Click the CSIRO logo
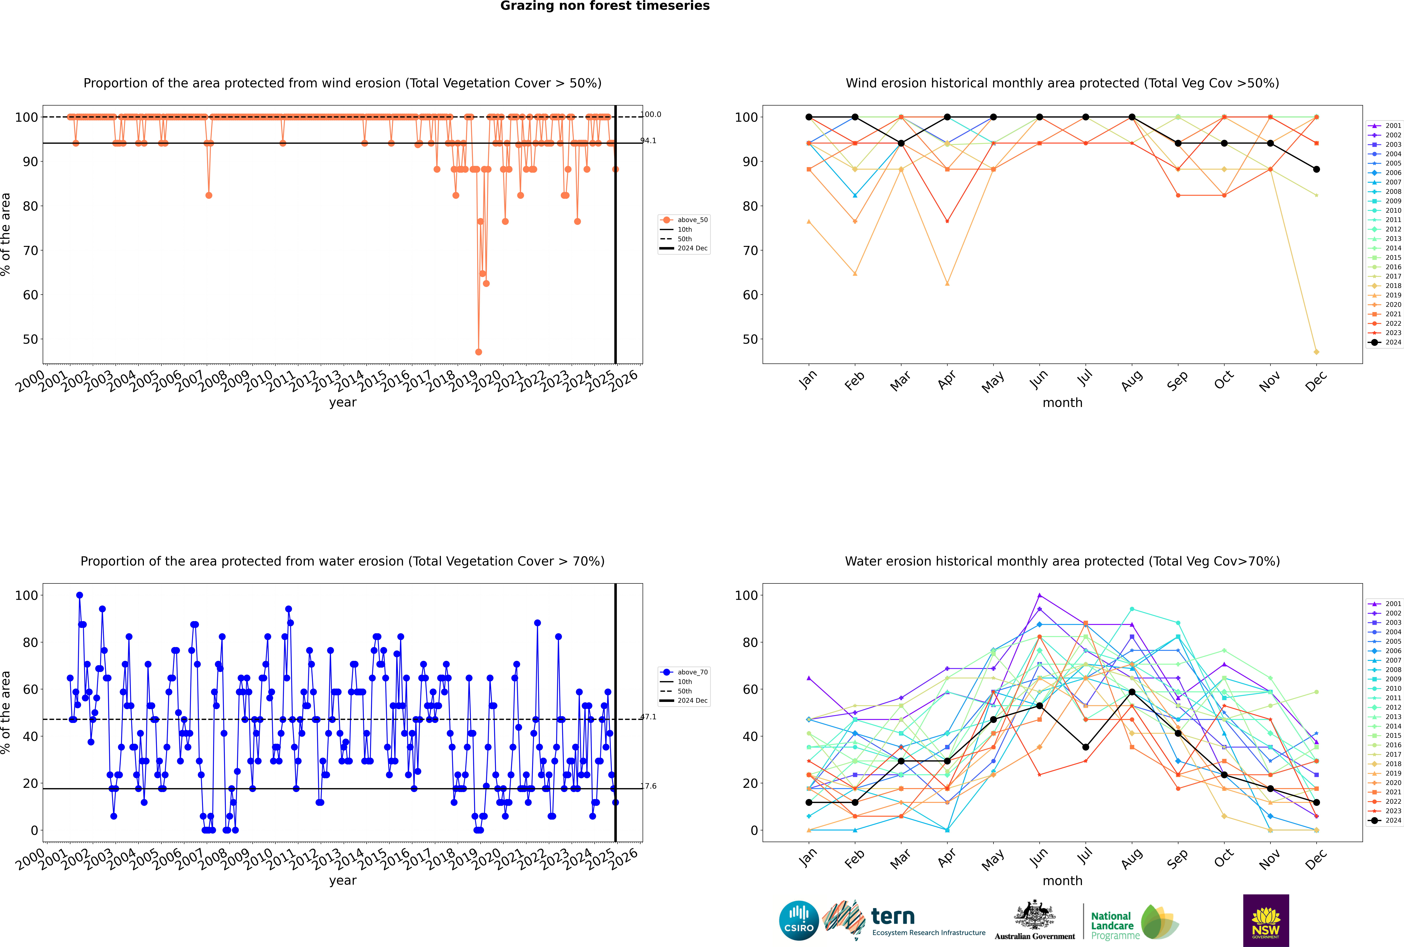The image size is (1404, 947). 799,920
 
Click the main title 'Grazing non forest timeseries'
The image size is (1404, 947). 605,6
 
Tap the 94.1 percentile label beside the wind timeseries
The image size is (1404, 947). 648,141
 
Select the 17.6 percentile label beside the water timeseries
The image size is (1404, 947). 648,786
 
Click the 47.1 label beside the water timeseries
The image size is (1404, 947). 648,717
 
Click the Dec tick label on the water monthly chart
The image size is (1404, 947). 1316,859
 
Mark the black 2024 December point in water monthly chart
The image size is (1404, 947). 1317,803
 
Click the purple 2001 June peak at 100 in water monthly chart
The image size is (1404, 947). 1039,596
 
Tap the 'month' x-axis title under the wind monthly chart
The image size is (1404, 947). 1062,403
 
